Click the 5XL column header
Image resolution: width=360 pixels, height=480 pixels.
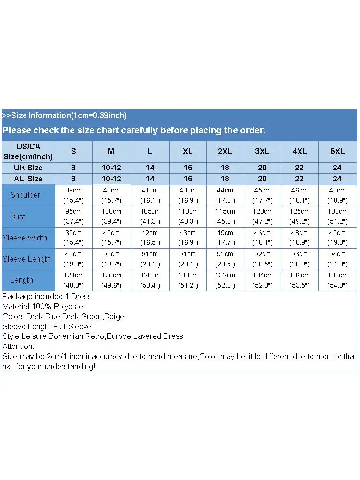pyautogui.click(x=337, y=151)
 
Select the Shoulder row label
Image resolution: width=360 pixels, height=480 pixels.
pyautogui.click(x=25, y=195)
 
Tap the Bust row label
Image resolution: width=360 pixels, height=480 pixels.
pyautogui.click(x=17, y=216)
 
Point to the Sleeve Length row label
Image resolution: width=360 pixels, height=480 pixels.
pyautogui.click(x=26, y=259)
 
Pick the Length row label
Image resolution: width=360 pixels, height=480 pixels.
pyautogui.click(x=22, y=280)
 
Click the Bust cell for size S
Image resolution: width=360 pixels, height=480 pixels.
pyautogui.click(x=73, y=216)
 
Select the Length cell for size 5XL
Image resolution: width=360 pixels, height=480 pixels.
pyautogui.click(x=337, y=280)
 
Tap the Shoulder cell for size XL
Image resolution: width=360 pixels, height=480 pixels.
pyautogui.click(x=188, y=195)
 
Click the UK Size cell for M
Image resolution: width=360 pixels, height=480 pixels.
pyautogui.click(x=111, y=168)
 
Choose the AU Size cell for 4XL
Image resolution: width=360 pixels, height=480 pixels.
pyautogui.click(x=300, y=179)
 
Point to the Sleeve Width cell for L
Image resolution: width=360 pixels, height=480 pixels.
pyautogui.click(x=150, y=238)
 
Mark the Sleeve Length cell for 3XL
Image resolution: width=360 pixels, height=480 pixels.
pyautogui.click(x=262, y=259)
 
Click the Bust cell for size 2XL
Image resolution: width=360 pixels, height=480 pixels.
pyautogui.click(x=225, y=216)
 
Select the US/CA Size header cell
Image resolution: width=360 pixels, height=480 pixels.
pyautogui.click(x=28, y=151)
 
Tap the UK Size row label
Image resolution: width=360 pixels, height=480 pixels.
pyautogui.click(x=28, y=168)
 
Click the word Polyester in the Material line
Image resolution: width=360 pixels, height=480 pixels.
pyautogui.click(x=70, y=306)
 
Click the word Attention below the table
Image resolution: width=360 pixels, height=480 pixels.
pyautogui.click(x=18, y=346)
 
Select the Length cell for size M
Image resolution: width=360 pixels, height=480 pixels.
pyautogui.click(x=111, y=280)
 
